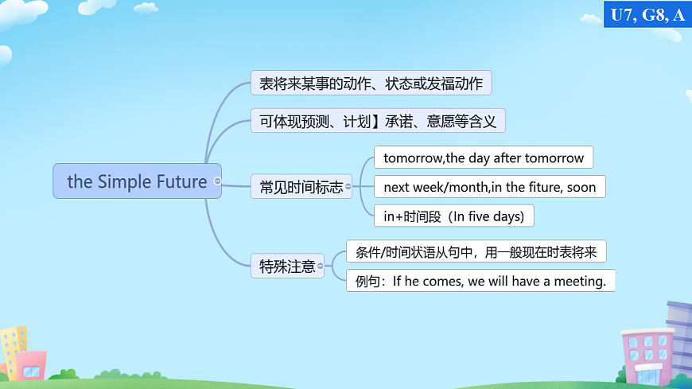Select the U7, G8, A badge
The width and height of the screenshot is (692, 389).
click(647, 14)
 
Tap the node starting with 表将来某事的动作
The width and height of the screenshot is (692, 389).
click(371, 83)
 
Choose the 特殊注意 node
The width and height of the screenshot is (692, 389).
click(287, 266)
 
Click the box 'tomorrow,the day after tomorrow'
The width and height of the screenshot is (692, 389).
click(483, 158)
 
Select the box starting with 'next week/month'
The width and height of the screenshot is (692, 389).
click(489, 187)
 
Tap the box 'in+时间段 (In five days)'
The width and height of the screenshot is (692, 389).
click(453, 216)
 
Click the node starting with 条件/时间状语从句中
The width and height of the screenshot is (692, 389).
click(476, 252)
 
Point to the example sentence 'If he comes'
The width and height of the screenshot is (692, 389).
click(480, 281)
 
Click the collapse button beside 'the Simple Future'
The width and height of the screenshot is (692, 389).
click(217, 181)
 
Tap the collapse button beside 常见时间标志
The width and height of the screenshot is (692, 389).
click(348, 188)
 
